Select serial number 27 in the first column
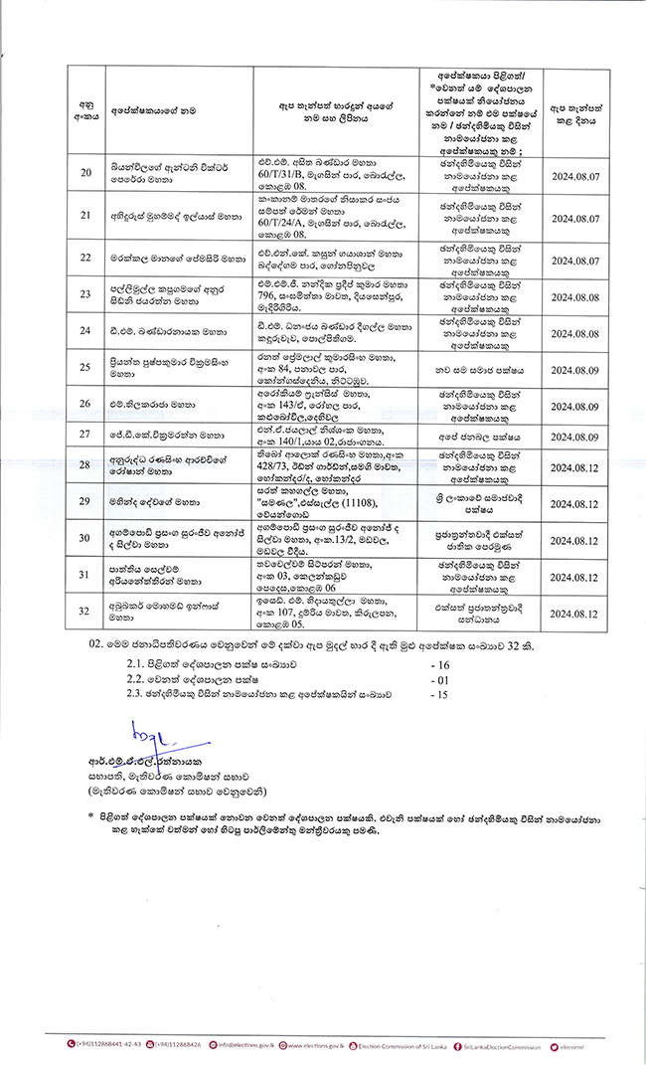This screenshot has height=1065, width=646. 85,435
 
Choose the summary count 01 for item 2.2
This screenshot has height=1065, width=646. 442,681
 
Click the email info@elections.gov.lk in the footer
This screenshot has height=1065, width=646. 244,1044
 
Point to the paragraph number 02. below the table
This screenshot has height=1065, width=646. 94,645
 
